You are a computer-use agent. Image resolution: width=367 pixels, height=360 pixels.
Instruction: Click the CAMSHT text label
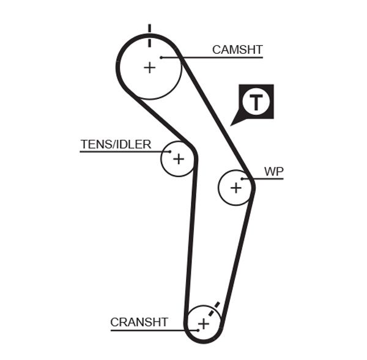pos(237,50)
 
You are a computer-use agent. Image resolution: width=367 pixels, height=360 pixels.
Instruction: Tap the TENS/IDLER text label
pos(116,144)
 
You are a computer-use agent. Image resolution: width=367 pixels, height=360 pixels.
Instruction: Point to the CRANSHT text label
pos(139,322)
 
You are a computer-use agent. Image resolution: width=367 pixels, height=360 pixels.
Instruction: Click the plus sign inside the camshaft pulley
pos(149,67)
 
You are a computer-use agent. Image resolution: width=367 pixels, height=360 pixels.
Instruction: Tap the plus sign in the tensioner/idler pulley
pos(178,160)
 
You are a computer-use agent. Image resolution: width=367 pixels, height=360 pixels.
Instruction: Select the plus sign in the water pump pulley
pos(236,188)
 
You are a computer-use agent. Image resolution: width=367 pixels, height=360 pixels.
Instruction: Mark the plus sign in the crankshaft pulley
pos(203,323)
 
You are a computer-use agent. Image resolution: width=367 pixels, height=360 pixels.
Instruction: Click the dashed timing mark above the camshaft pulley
pos(149,35)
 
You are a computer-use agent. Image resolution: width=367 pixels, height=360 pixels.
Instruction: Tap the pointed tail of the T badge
pos(233,123)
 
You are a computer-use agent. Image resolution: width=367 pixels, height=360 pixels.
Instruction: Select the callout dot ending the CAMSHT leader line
pos(161,58)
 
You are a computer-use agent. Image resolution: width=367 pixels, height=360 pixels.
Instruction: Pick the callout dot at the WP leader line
pos(243,179)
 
